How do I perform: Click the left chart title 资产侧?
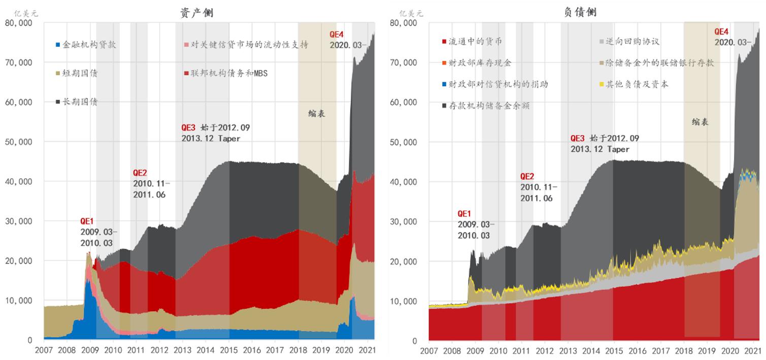tap(196, 13)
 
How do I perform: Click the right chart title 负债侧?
tap(580, 12)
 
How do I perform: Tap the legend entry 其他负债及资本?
tap(637, 84)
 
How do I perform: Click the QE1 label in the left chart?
tap(87, 221)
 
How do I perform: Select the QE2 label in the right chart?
tap(527, 176)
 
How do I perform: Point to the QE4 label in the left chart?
tap(337, 35)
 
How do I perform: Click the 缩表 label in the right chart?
tap(700, 122)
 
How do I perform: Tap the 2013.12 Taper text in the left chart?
tap(211, 138)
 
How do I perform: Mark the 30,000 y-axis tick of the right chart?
tap(405, 221)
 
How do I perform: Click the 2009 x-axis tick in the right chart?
tap(475, 351)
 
